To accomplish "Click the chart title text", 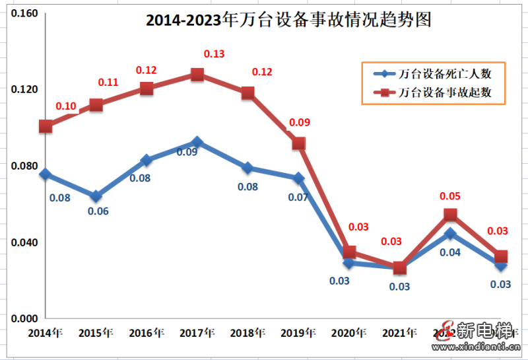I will tap(288, 20).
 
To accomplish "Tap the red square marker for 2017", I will tap(197, 75).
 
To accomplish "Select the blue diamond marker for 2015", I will tap(96, 196).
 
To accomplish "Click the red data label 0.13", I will tap(214, 54).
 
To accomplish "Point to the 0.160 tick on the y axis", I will tap(24, 13).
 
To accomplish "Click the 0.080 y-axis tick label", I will tap(24, 166).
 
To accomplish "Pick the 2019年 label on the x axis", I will tap(298, 333).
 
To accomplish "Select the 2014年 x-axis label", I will tap(45, 333).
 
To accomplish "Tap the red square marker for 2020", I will tap(349, 252).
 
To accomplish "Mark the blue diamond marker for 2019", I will tap(298, 178).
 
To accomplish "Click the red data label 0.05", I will tap(450, 196).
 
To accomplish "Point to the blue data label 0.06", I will tap(98, 211).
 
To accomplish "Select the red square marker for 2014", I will tap(46, 126).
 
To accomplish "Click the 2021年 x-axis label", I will tap(399, 333).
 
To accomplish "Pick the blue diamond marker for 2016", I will tap(147, 160).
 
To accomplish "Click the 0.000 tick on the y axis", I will tap(24, 318).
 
